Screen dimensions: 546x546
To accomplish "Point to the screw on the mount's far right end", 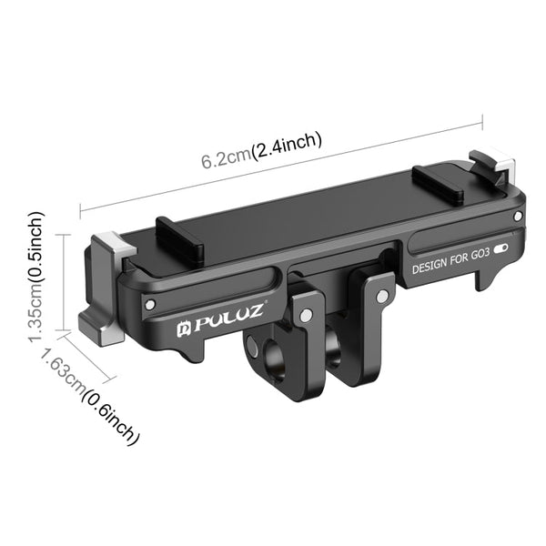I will (517, 216).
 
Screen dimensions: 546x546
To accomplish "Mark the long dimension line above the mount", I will (282, 167).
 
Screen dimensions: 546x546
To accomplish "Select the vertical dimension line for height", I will (64, 281).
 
